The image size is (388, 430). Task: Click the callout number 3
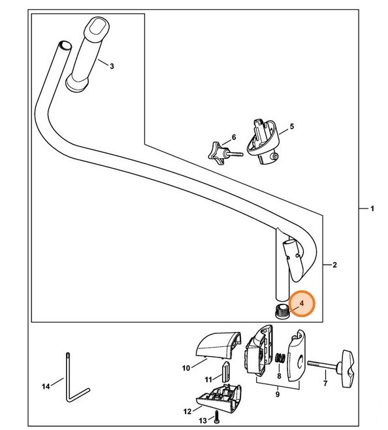112,66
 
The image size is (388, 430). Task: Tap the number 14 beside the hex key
46,387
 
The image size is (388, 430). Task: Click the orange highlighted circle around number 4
301,303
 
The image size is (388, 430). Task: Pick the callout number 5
291,125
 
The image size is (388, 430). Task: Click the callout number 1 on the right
372,209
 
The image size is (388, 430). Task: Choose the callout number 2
334,265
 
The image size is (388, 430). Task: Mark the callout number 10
186,368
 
